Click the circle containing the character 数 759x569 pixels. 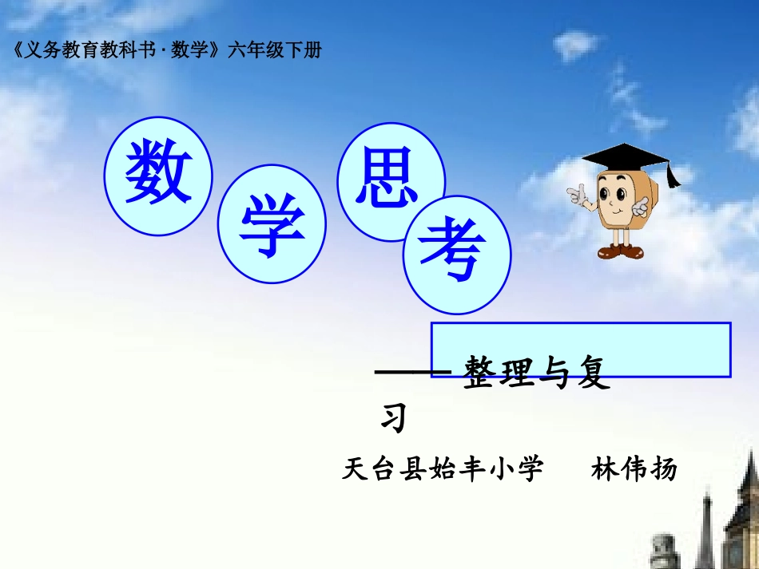pos(158,176)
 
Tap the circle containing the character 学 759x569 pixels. pos(272,229)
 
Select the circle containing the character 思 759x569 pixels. pos(391,181)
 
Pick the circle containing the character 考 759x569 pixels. pos(456,254)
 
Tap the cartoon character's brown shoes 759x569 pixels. pos(619,251)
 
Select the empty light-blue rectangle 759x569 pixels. pos(581,349)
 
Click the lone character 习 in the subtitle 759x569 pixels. pos(393,417)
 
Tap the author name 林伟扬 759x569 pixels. pos(634,469)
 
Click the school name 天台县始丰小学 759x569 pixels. pos(443,469)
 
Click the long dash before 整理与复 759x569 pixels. pos(414,373)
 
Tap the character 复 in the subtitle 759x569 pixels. pos(592,373)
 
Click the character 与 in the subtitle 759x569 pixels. pos(556,373)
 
